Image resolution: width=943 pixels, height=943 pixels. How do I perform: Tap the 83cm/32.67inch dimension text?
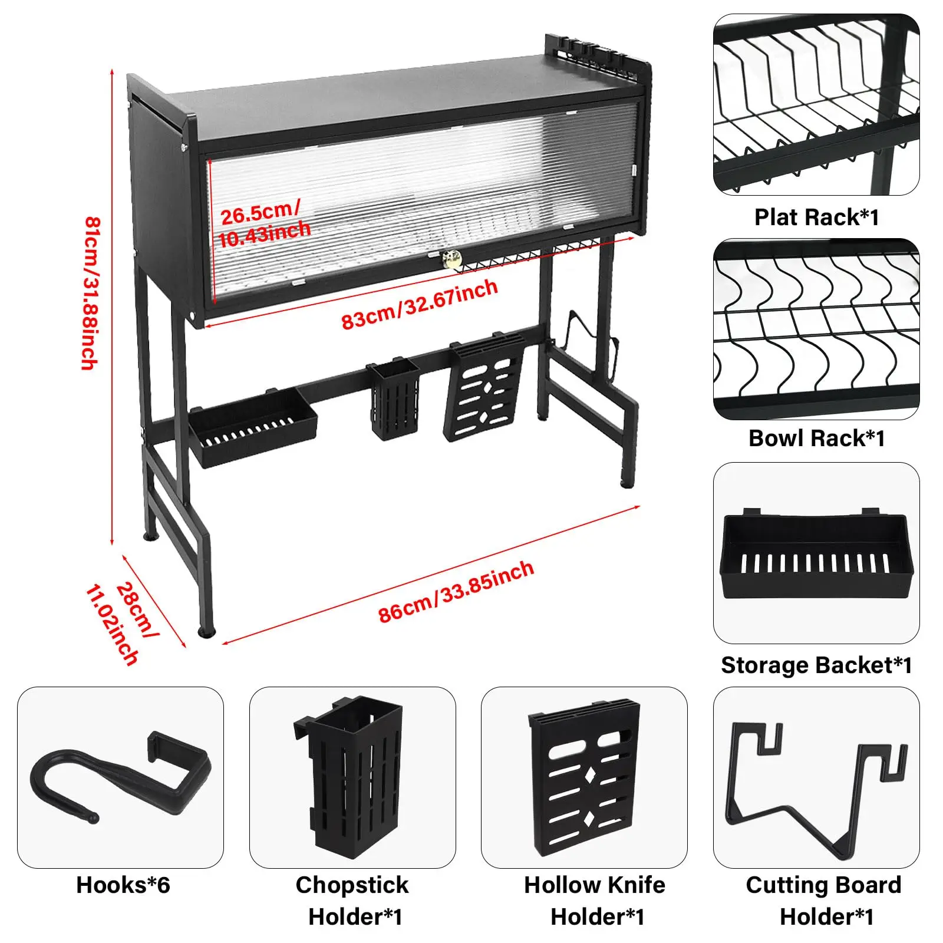click(x=420, y=304)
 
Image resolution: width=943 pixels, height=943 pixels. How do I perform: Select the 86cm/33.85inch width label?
click(x=456, y=591)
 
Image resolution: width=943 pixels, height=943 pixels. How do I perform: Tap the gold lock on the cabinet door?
click(x=452, y=259)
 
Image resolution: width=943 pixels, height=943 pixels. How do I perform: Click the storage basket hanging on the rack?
click(x=252, y=428)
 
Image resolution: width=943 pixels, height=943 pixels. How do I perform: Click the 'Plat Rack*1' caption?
click(x=816, y=217)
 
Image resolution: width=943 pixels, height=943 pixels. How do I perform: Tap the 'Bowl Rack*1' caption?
click(x=816, y=438)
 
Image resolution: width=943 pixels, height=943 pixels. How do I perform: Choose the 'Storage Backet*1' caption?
click(x=816, y=665)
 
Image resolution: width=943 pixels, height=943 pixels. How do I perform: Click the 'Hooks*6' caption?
click(x=123, y=885)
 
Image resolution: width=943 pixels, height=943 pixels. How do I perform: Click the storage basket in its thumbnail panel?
click(x=816, y=554)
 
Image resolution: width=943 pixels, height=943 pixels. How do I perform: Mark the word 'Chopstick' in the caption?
click(x=352, y=885)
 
